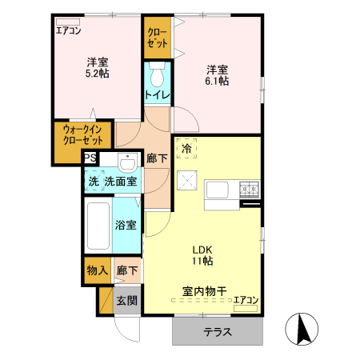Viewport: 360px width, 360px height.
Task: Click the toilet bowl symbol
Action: (157, 74)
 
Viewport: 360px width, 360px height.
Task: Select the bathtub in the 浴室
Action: (98, 226)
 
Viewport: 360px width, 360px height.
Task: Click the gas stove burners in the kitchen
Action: (250, 190)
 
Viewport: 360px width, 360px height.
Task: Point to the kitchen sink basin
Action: (218, 190)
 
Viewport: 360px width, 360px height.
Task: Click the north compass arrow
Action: (302, 330)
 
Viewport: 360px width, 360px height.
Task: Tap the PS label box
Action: (90, 158)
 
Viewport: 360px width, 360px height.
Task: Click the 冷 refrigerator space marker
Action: (186, 148)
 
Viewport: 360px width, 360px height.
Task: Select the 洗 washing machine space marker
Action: (94, 181)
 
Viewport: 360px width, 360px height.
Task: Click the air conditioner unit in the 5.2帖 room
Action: (68, 22)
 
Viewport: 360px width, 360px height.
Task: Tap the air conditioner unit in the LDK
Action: (246, 308)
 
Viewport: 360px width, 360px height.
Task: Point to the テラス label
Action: (218, 332)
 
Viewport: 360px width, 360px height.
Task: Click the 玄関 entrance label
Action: (127, 301)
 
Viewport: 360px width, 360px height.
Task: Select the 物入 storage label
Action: (98, 270)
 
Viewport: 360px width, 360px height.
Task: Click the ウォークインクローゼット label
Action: (83, 135)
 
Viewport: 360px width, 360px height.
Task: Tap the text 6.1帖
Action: (217, 81)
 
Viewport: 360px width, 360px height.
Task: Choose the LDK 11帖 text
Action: (202, 255)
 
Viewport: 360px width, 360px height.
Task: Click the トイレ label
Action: (158, 94)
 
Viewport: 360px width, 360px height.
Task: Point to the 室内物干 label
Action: (205, 291)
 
